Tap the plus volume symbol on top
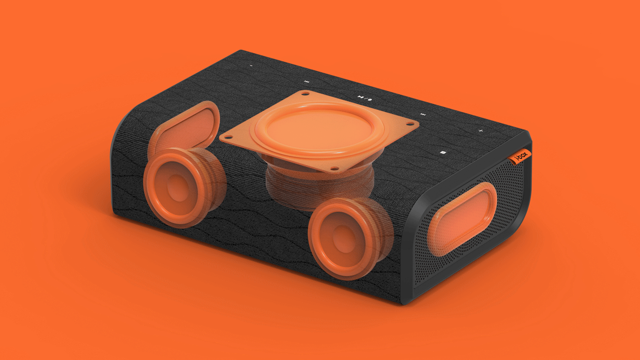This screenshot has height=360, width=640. click(480, 131)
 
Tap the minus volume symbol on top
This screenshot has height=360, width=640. click(251, 66)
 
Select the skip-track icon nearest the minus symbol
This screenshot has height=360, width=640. click(306, 82)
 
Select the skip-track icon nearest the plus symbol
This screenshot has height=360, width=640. click(423, 115)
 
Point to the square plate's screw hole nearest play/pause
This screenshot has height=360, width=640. click(305, 94)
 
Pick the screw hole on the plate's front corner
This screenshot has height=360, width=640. click(335, 169)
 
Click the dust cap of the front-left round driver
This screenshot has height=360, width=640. click(175, 188)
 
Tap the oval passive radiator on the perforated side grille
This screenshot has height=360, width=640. click(463, 218)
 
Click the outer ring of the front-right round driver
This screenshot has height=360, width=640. click(320, 256)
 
